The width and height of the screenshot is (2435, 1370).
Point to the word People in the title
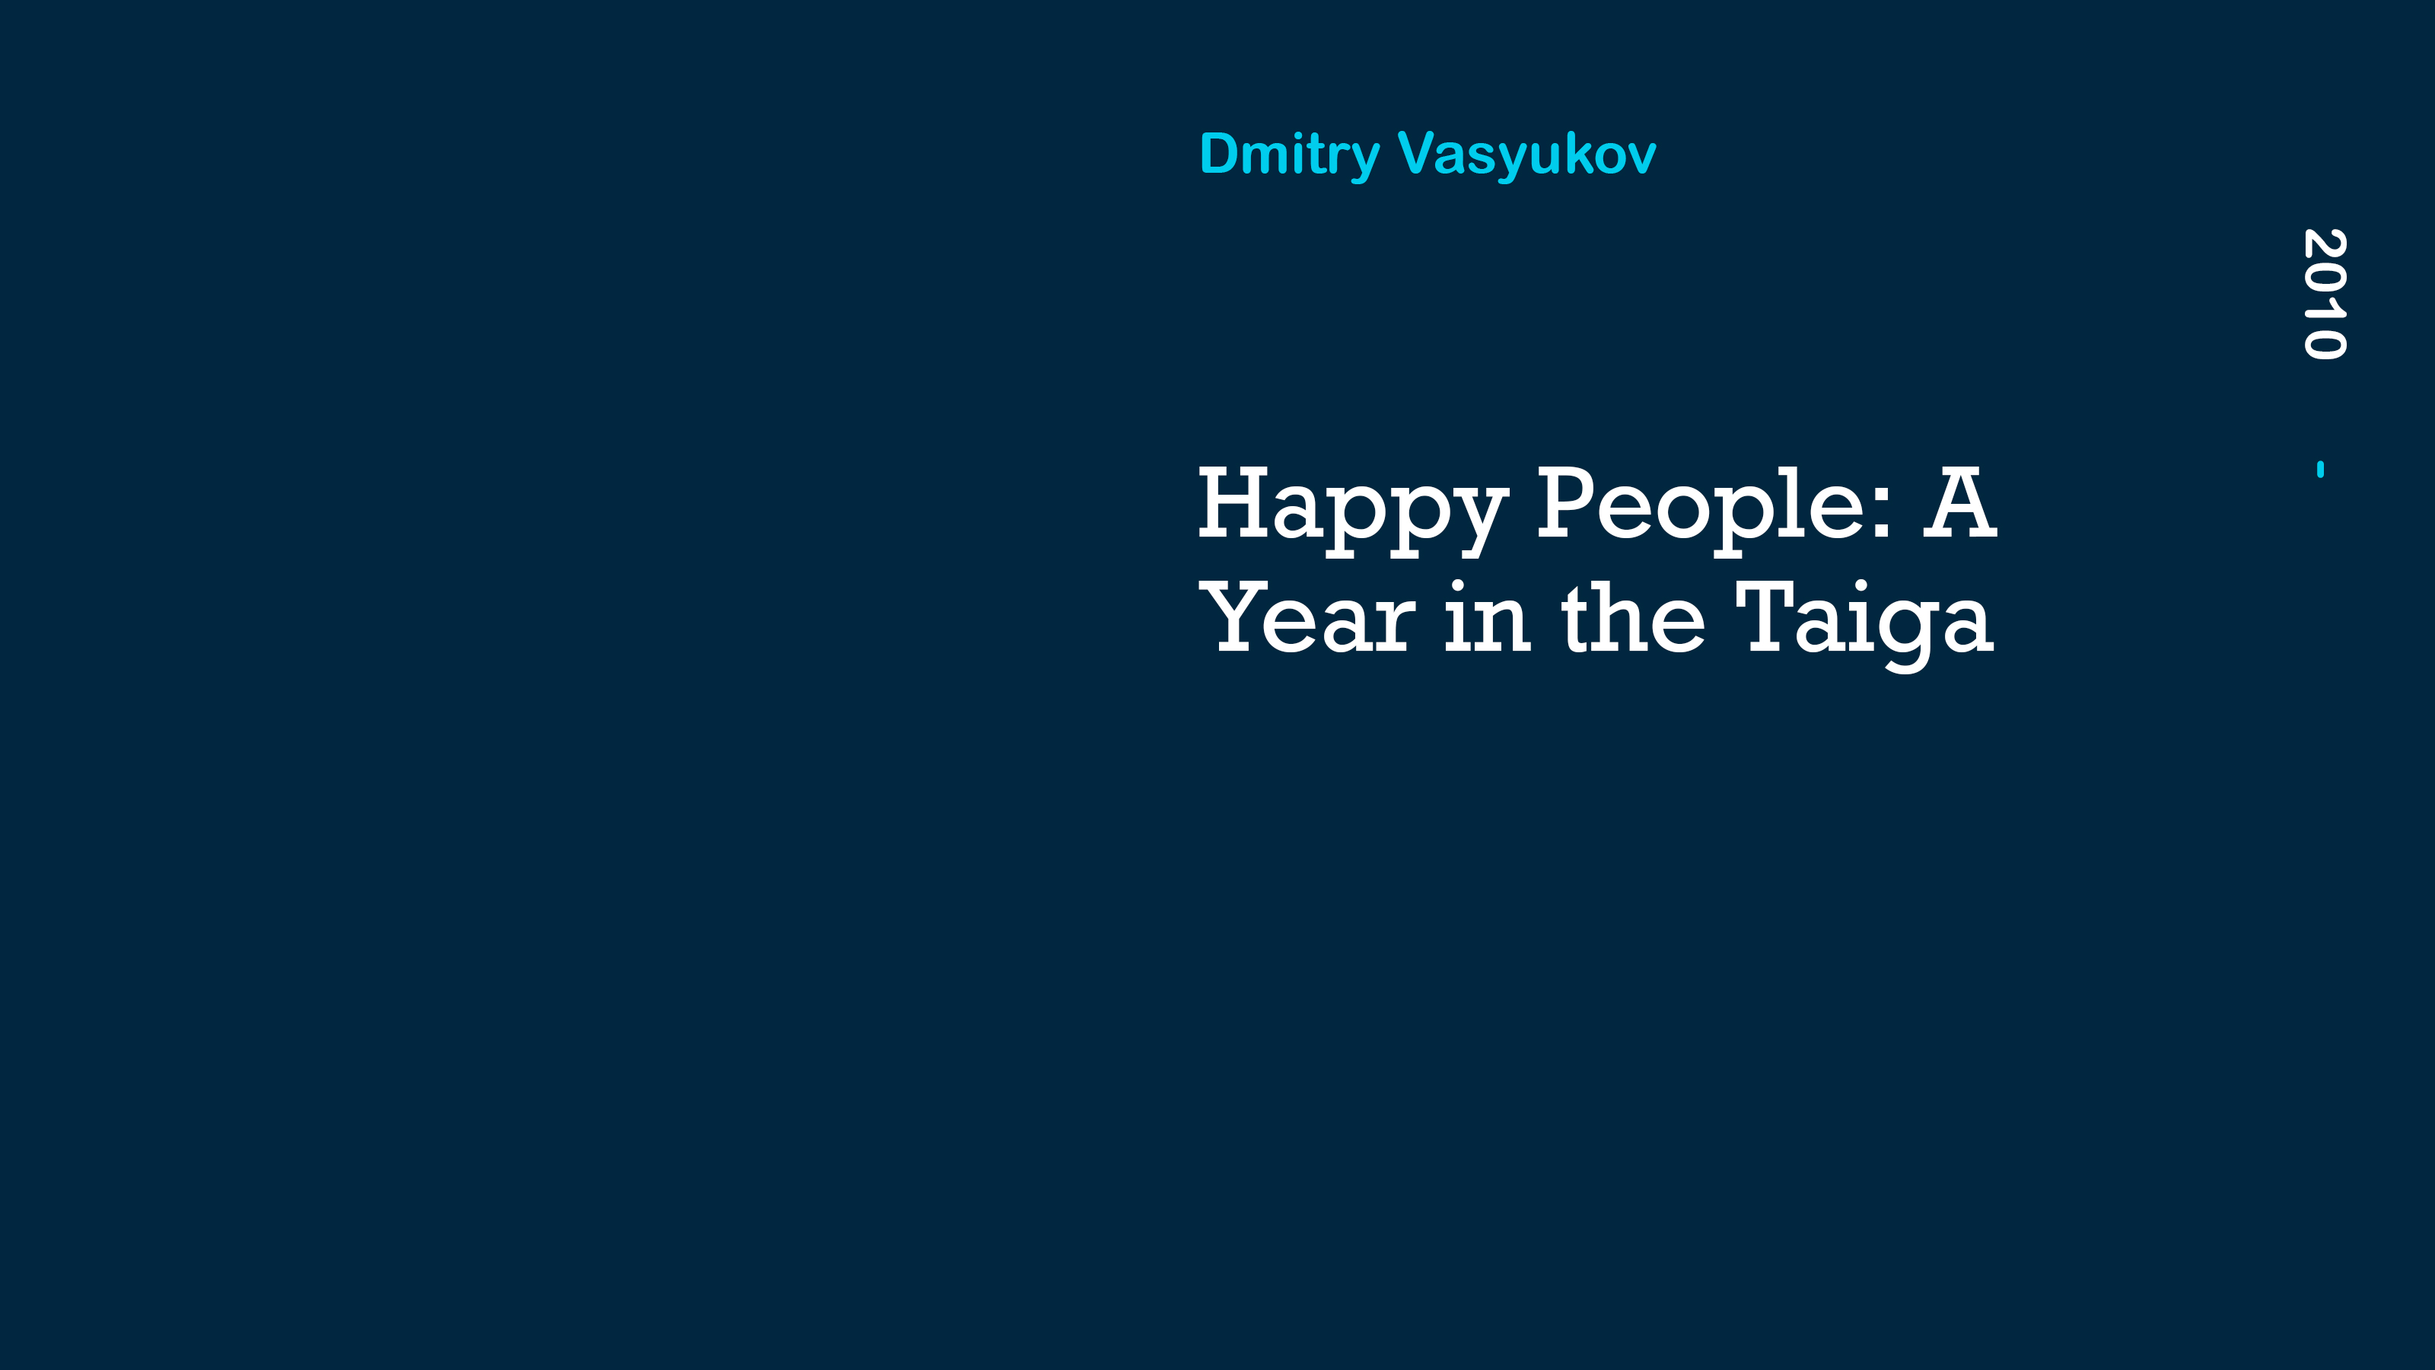(1701, 511)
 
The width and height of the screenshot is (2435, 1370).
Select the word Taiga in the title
(1865, 625)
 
